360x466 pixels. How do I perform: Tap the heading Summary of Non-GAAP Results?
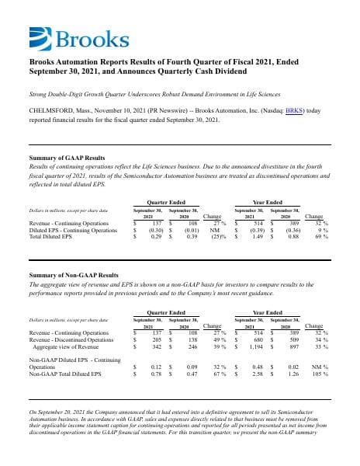pos(73,275)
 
